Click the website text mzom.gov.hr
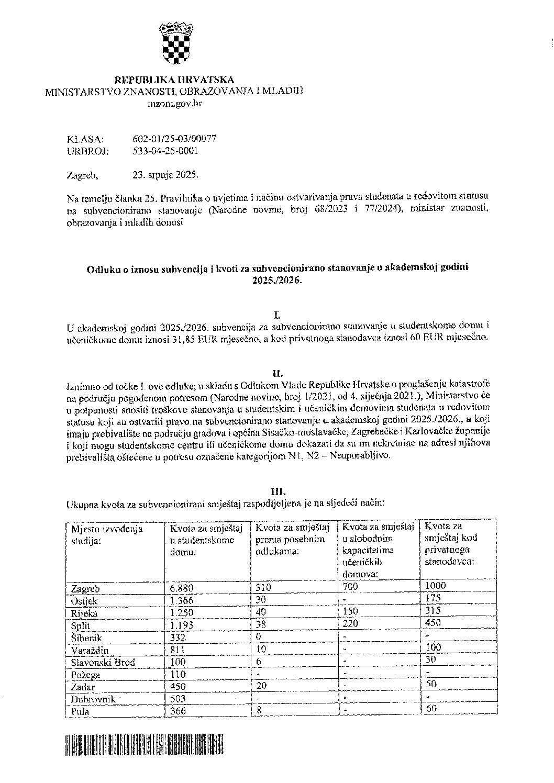click(x=175, y=104)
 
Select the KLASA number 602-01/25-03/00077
click(x=175, y=139)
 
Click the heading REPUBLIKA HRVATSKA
click(x=174, y=80)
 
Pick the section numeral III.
click(x=278, y=491)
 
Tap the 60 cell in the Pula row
click(x=433, y=709)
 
